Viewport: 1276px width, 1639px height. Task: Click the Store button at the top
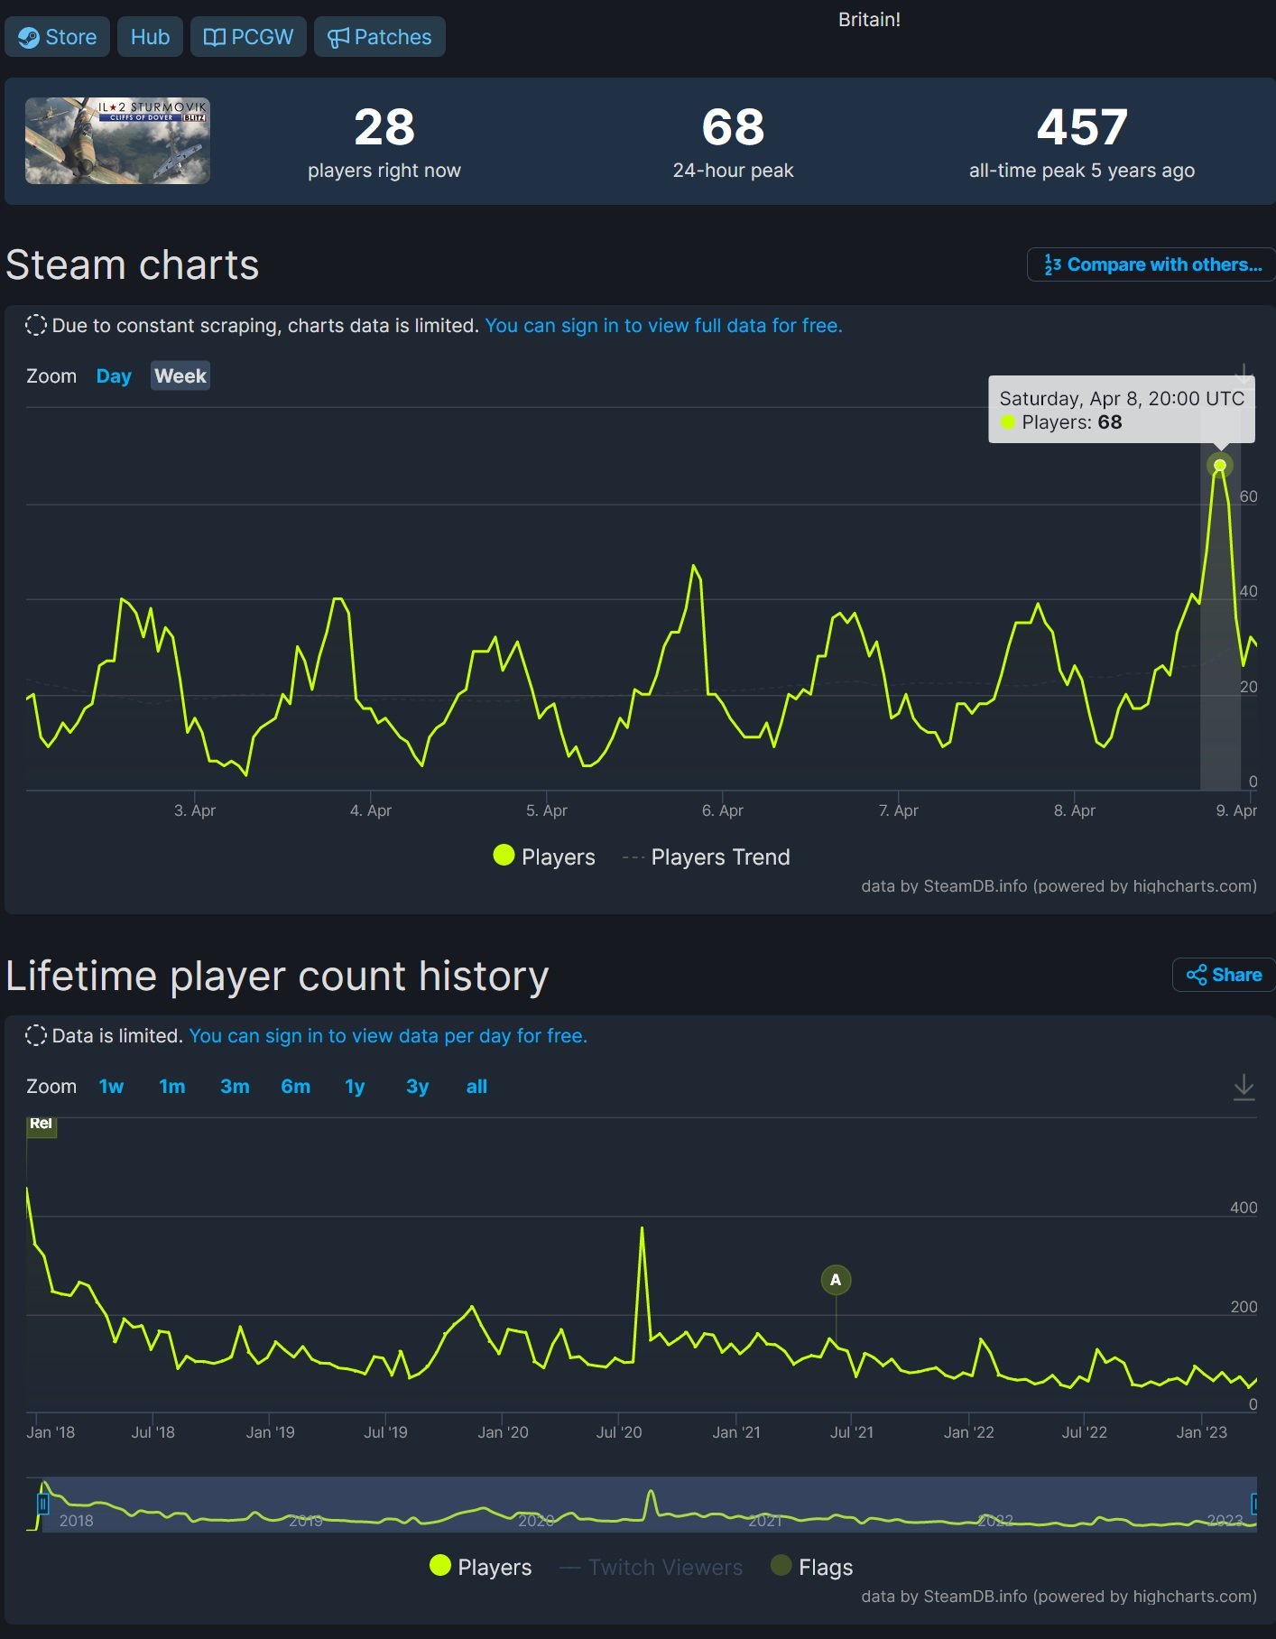coord(58,37)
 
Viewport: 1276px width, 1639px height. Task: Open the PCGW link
coord(248,37)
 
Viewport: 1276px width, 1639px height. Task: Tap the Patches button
coord(379,37)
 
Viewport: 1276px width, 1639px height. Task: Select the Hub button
coord(150,37)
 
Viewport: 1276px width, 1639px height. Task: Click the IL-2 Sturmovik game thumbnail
coord(117,141)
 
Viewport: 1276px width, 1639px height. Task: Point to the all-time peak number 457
coord(1081,127)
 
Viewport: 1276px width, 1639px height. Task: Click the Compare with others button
coord(1152,264)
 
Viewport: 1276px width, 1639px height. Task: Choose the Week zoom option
coord(180,376)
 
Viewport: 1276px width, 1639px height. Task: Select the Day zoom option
coord(114,376)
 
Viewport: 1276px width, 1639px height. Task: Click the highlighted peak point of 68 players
coord(1220,466)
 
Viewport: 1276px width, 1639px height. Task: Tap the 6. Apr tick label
coord(722,810)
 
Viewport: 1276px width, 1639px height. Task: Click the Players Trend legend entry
coord(719,857)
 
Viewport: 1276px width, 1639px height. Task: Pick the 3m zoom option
coord(235,1087)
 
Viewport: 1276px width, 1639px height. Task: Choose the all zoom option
coord(476,1087)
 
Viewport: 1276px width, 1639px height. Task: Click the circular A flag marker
coord(836,1280)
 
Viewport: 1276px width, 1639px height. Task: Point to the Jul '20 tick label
coord(618,1432)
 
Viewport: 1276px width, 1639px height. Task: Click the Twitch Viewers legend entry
coord(664,1568)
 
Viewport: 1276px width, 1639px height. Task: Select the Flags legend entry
coord(824,1568)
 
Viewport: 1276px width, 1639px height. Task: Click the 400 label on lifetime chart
coord(1243,1208)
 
